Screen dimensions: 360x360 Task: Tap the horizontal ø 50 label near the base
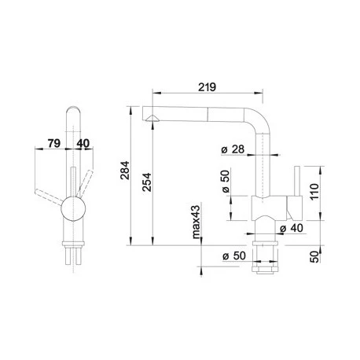click(232, 257)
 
